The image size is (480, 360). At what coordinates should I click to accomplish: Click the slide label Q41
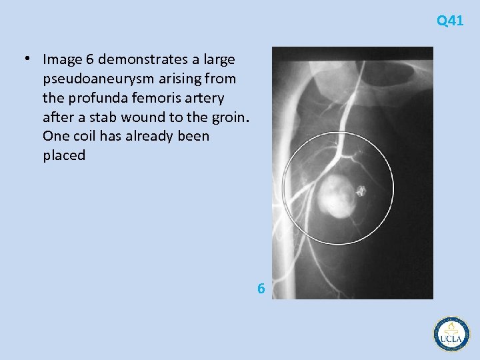tap(450, 21)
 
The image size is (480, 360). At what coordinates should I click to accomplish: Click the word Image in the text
tap(60, 59)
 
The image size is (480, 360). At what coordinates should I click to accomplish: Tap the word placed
tap(64, 156)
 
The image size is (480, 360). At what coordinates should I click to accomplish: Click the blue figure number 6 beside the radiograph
tap(261, 289)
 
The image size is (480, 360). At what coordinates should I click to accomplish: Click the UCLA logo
tap(451, 333)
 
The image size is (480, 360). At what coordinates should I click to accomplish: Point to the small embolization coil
tap(361, 191)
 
